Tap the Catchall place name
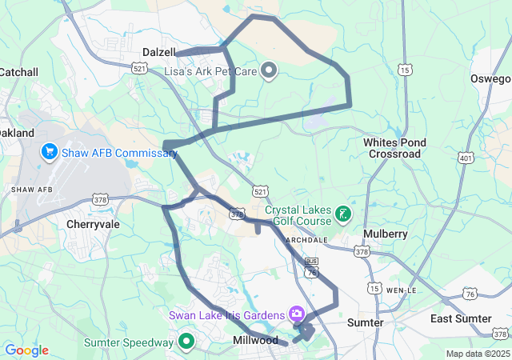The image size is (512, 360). tap(18, 72)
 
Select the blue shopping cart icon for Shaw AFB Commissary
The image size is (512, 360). tap(50, 152)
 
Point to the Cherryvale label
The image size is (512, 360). tap(94, 225)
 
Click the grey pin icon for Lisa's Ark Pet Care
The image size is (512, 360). tap(269, 71)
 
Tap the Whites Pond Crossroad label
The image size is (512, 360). tap(394, 148)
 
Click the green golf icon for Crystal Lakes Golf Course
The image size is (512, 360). tap(342, 214)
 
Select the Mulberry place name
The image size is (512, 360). tap(386, 234)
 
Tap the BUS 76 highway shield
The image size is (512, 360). tap(311, 267)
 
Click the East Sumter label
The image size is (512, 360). tap(460, 319)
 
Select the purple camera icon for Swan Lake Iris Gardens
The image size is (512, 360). tap(297, 314)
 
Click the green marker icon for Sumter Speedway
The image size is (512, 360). tap(186, 342)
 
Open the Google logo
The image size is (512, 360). tap(26, 350)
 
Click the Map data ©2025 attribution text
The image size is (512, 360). tap(477, 354)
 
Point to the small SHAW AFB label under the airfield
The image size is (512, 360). tap(32, 190)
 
